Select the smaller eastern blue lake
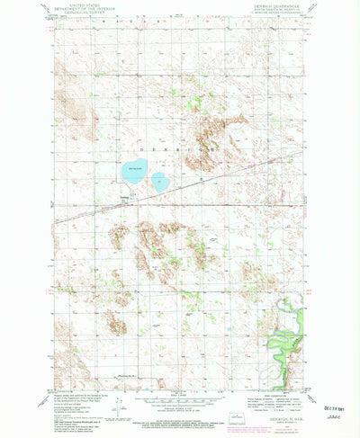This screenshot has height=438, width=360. pyautogui.click(x=159, y=180)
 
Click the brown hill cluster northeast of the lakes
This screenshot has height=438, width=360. pyautogui.click(x=216, y=135)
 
